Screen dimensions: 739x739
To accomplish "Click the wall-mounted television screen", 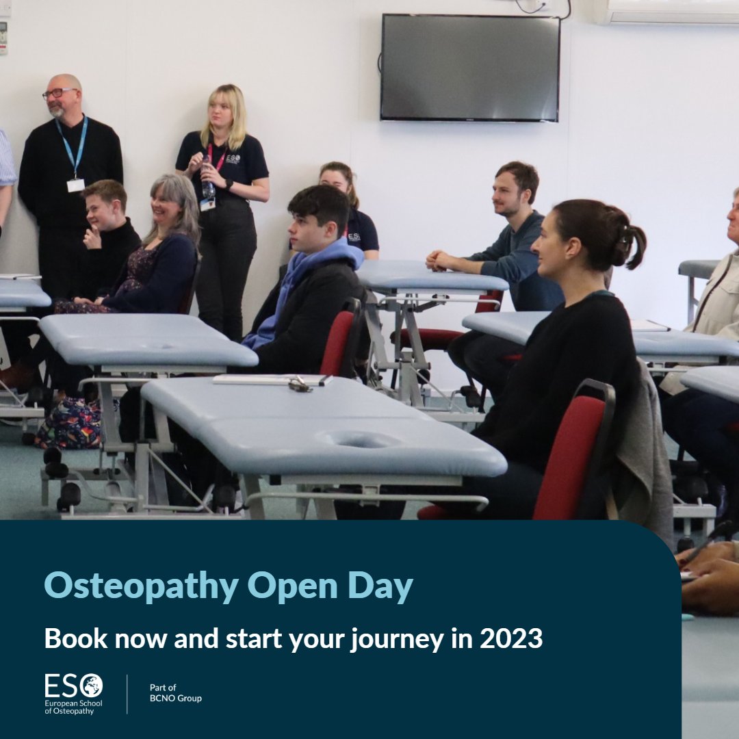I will coord(470,67).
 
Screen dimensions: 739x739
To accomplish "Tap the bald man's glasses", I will coord(58,93).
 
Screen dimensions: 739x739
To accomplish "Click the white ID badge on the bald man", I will coord(75,185).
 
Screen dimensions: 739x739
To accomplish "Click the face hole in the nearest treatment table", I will coord(363,440).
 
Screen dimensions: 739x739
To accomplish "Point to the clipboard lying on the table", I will coord(270,380).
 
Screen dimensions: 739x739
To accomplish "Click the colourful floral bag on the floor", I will coord(68,424).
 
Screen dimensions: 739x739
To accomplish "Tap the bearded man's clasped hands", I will coord(438,260).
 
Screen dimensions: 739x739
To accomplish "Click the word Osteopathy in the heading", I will coord(141,586).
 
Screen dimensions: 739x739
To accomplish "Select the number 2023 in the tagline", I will coord(511,638).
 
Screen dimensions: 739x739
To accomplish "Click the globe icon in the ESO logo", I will coord(92,685).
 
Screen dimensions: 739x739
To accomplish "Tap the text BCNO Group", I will coord(176,699).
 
